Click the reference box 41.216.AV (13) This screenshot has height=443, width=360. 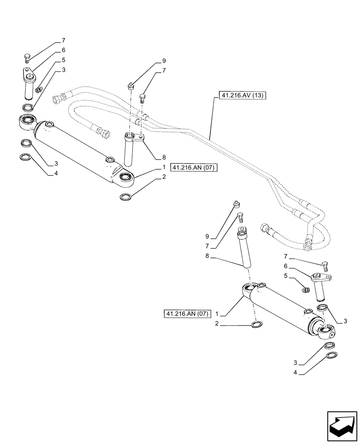tap(242, 95)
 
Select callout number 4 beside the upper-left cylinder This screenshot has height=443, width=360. tap(56, 174)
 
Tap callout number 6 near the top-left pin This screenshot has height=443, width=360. tap(63, 50)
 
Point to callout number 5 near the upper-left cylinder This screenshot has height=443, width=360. tap(64, 60)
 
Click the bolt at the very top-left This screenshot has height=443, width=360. tap(27, 58)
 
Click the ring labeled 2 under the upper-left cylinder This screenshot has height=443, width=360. tap(125, 196)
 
